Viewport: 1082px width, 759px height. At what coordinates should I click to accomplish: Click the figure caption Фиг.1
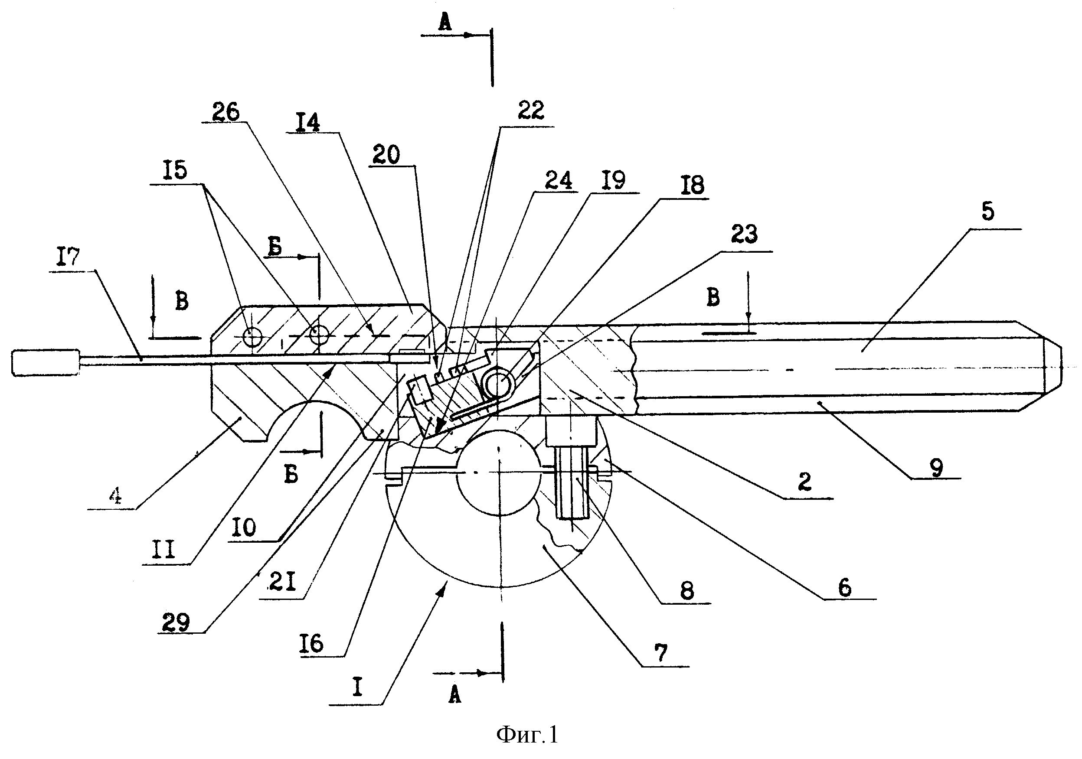(x=527, y=734)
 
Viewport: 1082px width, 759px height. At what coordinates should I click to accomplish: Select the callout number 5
(x=988, y=211)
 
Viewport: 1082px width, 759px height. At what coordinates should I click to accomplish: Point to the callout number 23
(x=744, y=234)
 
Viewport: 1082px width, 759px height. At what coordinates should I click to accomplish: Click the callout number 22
(x=531, y=110)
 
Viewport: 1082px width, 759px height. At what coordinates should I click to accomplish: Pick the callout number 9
(x=936, y=468)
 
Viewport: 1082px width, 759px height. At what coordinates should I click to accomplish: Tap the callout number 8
(x=687, y=590)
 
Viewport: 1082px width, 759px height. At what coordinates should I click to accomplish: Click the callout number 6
(x=844, y=587)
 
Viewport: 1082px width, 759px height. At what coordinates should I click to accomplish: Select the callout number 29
(x=176, y=622)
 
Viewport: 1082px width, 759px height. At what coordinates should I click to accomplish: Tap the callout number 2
(x=805, y=482)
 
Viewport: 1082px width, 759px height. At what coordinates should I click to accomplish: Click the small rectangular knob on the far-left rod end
(x=46, y=362)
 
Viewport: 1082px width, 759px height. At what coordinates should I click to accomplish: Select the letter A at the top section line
(x=445, y=22)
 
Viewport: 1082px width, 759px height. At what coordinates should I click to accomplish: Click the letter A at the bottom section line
(x=454, y=694)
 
